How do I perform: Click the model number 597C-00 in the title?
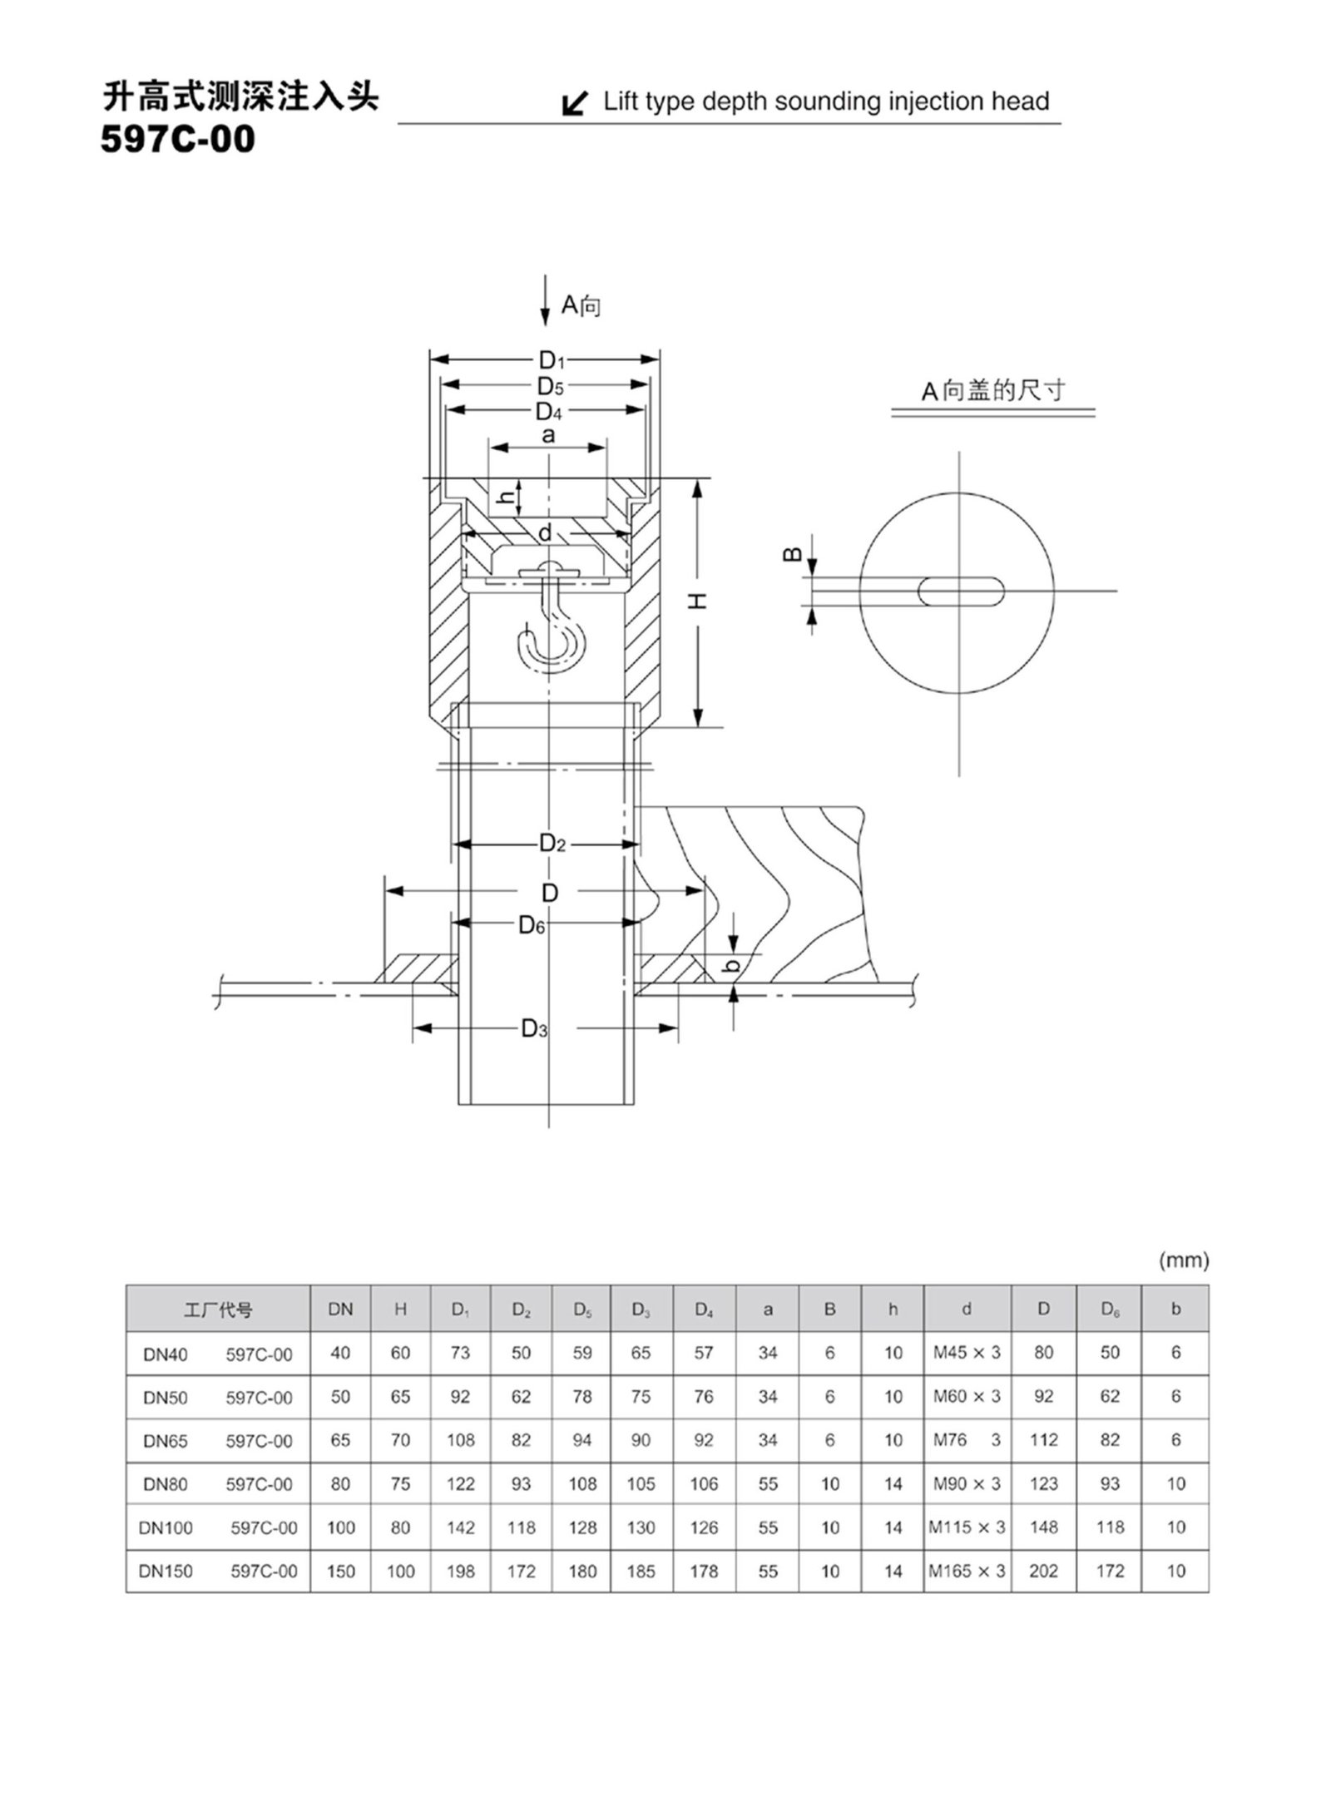tap(178, 140)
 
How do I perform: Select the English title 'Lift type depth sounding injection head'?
tap(826, 101)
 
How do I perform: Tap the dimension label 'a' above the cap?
tap(548, 435)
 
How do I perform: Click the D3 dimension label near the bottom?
tap(534, 1029)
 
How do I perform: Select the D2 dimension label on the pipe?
tap(552, 844)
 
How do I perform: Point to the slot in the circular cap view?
tap(961, 592)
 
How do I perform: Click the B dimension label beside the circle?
tap(793, 553)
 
